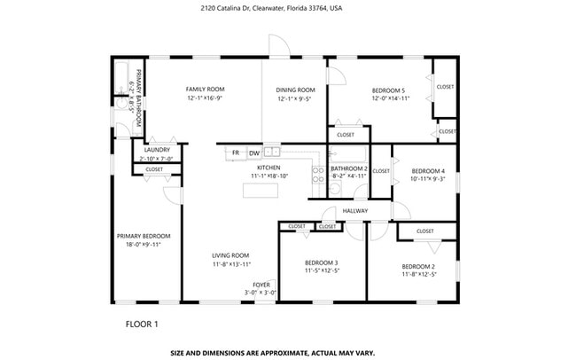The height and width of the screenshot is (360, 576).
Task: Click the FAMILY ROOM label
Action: coord(205,90)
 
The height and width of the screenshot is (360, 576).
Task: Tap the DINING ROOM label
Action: coord(295,90)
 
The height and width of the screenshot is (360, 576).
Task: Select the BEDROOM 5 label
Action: coord(388,90)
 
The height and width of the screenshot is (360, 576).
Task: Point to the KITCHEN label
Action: coord(269,168)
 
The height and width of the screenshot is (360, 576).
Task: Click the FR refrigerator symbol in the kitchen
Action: coord(236,153)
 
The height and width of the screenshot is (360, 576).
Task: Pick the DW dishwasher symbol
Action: coord(253,153)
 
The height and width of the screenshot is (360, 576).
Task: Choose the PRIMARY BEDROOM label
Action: coord(144,236)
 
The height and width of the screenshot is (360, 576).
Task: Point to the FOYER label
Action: coord(261,285)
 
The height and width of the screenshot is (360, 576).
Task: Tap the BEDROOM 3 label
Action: coord(322,262)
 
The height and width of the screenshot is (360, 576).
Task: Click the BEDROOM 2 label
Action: coord(418,267)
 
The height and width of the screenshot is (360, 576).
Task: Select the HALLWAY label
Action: coord(355,211)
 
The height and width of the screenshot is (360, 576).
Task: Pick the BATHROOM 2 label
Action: coord(348,168)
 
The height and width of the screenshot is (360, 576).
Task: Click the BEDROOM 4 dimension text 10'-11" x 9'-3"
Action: coord(427,179)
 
